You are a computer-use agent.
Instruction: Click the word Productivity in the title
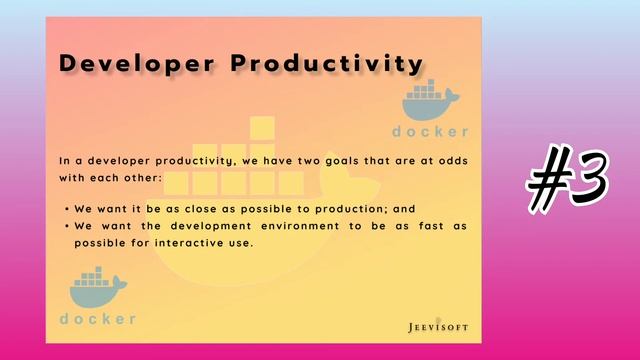pos(327,63)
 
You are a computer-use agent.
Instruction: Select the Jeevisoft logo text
pos(438,326)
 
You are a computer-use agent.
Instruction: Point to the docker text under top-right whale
pos(430,132)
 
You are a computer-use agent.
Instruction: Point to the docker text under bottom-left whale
pos(97,319)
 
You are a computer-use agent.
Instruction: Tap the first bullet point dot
pos(66,210)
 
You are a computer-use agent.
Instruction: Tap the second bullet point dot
pos(66,227)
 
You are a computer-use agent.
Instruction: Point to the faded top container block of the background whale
pos(262,129)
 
